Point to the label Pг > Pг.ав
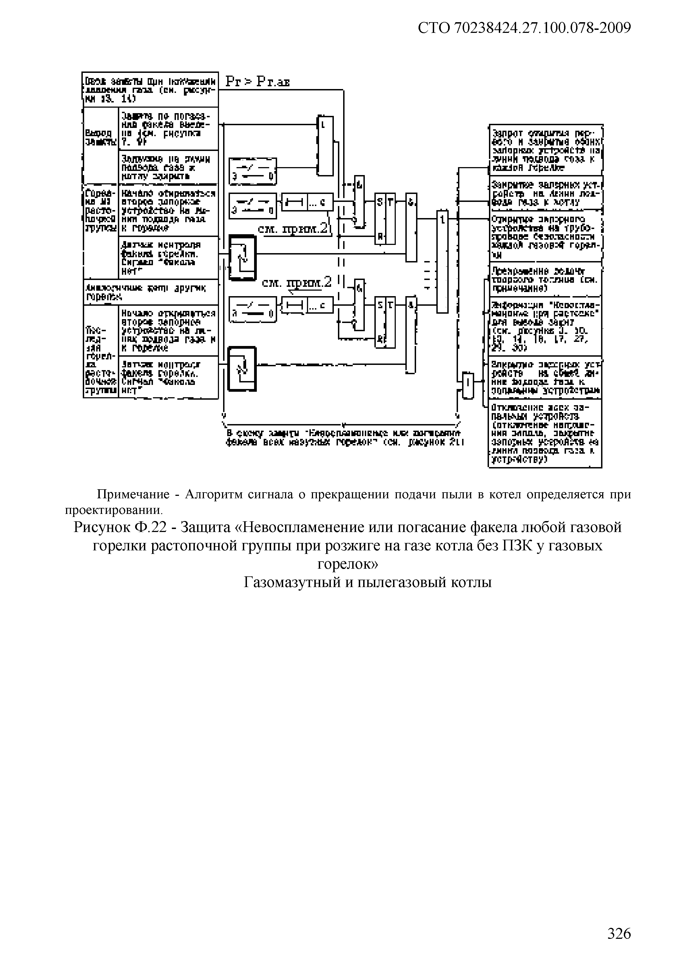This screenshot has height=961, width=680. click(257, 82)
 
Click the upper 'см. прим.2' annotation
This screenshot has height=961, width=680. click(293, 229)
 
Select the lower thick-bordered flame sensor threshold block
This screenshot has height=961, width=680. click(241, 368)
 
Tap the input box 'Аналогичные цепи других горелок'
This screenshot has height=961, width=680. click(151, 292)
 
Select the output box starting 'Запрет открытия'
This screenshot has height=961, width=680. click(546, 150)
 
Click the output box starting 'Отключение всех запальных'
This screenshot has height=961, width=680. click(545, 433)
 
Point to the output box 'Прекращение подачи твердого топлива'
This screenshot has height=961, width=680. click(546, 280)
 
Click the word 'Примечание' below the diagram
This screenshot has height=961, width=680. click(133, 495)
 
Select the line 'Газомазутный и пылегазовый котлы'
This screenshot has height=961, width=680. click(367, 582)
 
